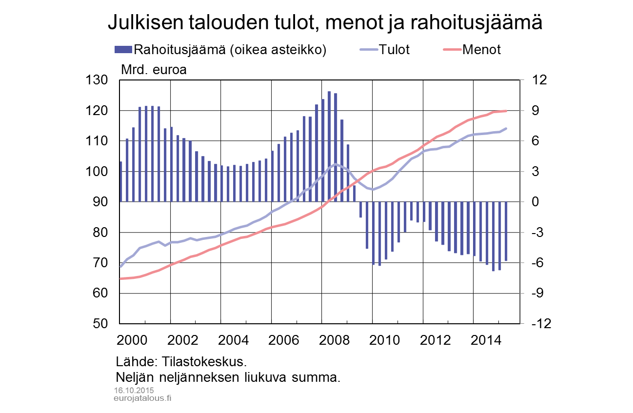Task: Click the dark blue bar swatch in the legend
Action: [123, 49]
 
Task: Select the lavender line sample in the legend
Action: [369, 49]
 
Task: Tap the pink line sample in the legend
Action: [452, 49]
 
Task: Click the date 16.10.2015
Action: [134, 391]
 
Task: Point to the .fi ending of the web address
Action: [168, 398]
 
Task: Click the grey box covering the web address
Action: [140, 399]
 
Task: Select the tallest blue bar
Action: [329, 146]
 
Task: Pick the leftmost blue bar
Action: [121, 181]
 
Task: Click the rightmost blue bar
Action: [507, 231]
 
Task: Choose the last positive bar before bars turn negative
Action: [348, 173]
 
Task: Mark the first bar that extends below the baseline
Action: [361, 210]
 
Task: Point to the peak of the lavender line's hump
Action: [336, 164]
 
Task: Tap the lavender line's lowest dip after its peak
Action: [373, 189]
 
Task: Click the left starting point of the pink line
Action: [121, 278]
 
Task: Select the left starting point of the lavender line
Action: [121, 266]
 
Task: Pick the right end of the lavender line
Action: [507, 128]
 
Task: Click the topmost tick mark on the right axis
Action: [521, 80]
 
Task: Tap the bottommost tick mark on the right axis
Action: [521, 323]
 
